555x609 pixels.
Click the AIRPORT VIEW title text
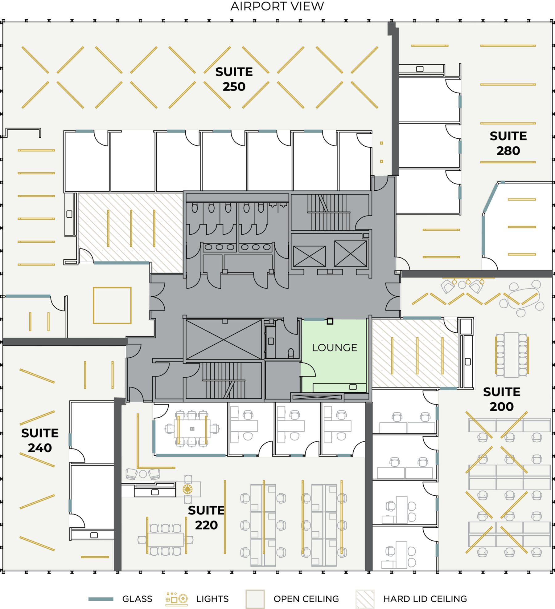click(x=277, y=6)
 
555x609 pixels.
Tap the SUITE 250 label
click(x=234, y=79)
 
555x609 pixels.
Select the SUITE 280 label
click(x=508, y=143)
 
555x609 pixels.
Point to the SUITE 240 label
click(x=40, y=440)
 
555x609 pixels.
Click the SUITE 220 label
click(x=206, y=518)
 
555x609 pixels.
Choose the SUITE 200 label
click(x=502, y=399)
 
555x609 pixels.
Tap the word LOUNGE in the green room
click(x=335, y=347)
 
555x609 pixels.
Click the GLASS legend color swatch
click(x=101, y=599)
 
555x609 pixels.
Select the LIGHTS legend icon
click(x=177, y=599)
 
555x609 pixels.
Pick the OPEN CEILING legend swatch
click(x=255, y=599)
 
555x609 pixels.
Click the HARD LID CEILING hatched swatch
click(x=365, y=599)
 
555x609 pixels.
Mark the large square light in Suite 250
click(x=112, y=288)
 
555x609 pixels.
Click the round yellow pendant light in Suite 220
click(x=187, y=489)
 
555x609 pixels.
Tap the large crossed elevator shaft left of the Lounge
click(x=224, y=339)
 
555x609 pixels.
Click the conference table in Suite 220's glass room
click(x=192, y=428)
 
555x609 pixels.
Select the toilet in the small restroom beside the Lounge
click(x=291, y=352)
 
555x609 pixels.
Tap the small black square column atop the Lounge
click(x=330, y=321)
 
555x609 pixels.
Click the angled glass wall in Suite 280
click(x=491, y=197)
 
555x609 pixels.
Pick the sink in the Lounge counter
click(x=353, y=387)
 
